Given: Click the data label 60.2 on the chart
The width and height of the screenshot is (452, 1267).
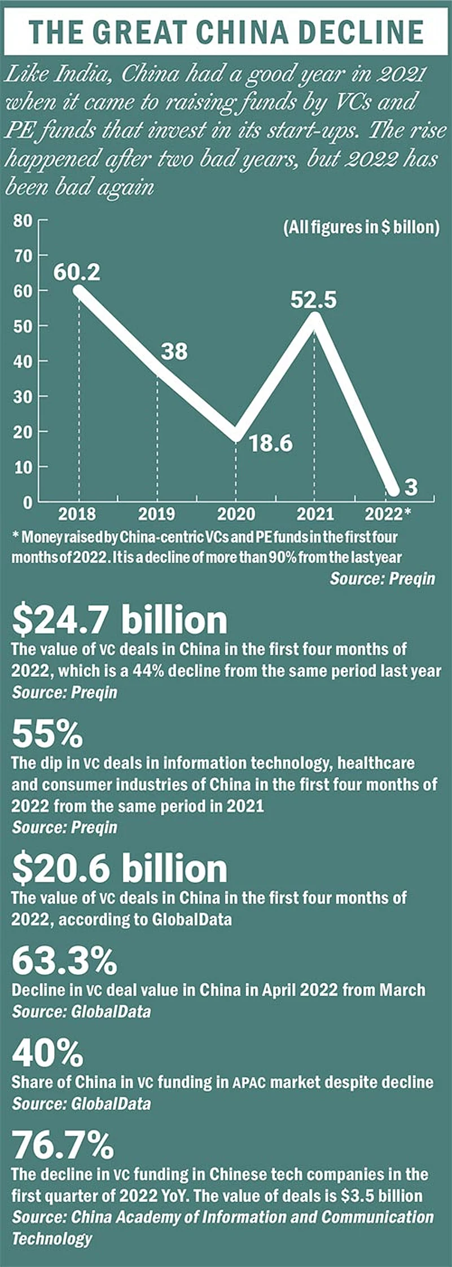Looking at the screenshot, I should (x=77, y=272).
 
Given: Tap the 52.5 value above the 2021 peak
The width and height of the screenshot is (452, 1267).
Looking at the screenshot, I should (x=313, y=300).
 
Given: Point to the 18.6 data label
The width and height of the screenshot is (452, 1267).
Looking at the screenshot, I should (x=271, y=443).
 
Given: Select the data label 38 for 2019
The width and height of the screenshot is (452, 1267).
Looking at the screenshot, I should (x=174, y=351).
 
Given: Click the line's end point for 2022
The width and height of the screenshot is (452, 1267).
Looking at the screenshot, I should (x=394, y=490).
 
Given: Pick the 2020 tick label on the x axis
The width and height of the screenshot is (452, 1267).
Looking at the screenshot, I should (x=236, y=514).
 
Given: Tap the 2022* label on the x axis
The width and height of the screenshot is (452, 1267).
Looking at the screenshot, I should (x=388, y=514).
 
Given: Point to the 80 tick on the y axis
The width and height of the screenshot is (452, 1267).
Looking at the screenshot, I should (x=23, y=221).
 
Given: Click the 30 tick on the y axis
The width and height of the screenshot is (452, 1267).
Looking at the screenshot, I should (x=23, y=397).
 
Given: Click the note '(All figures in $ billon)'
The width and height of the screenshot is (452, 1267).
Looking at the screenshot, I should (x=361, y=227).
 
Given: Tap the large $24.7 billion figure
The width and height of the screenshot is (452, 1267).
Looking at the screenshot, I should (x=120, y=620).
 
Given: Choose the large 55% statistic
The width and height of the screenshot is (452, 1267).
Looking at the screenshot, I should (x=47, y=734).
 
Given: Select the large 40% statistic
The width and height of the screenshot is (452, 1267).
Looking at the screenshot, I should (x=47, y=1053).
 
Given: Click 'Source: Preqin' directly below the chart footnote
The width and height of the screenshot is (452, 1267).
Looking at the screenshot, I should (x=382, y=578).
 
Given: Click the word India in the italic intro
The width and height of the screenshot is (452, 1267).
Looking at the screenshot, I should (x=84, y=74).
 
